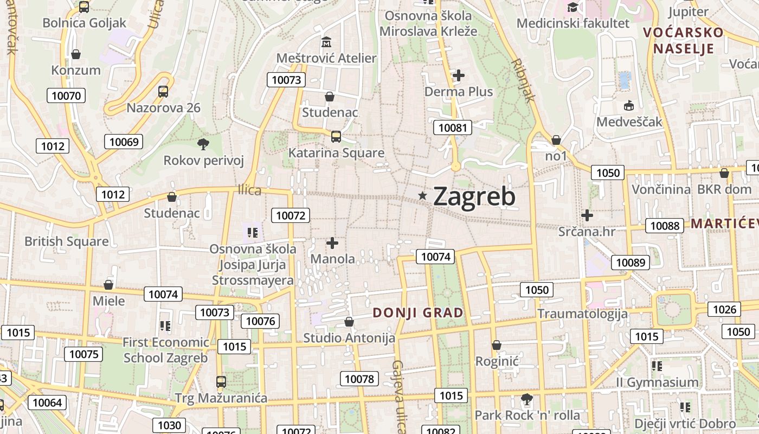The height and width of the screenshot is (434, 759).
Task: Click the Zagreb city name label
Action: [x=474, y=196]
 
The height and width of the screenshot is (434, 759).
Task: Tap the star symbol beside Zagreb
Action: [x=423, y=195]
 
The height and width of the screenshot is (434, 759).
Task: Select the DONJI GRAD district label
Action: [x=418, y=312]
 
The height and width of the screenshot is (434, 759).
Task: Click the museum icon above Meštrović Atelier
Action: [x=326, y=42]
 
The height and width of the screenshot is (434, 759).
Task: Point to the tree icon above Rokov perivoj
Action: [x=203, y=144]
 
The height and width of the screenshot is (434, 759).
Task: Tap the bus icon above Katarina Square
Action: [x=336, y=136]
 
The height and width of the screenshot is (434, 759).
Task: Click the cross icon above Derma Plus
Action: [x=459, y=75]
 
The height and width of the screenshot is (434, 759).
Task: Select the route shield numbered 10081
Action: [x=452, y=127]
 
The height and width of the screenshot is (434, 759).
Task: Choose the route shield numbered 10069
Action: [x=124, y=142]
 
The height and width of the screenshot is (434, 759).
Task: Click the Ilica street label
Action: [x=249, y=190]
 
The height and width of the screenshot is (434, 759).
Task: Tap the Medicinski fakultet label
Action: [x=573, y=23]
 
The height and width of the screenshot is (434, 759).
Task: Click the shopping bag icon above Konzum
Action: [x=76, y=54]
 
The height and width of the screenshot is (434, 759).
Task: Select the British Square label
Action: [x=67, y=241]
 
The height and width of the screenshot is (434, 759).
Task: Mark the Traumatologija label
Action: [x=582, y=314]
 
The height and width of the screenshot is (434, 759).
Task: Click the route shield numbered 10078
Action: [x=359, y=379]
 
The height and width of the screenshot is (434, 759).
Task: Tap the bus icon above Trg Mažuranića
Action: [x=221, y=381]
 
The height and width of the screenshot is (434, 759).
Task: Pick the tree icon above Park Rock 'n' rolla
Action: [x=526, y=400]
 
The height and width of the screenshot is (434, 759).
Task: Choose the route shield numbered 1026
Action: [x=724, y=309]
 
